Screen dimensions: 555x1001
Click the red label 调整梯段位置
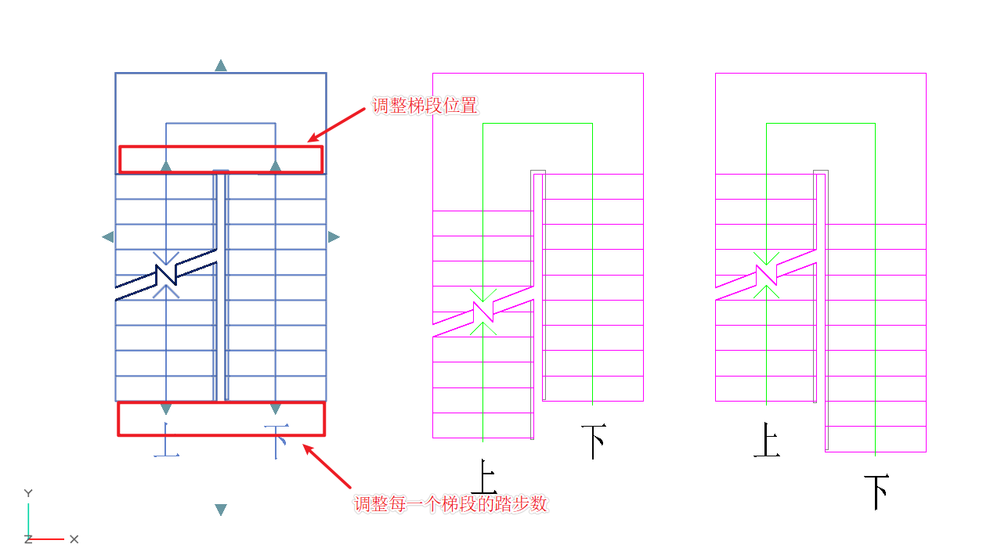click(x=424, y=106)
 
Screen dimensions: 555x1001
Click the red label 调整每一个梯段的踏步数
click(x=450, y=504)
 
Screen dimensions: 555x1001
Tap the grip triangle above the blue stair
click(x=221, y=66)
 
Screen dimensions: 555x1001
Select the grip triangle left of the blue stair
click(x=108, y=236)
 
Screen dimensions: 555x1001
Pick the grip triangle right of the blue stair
click(x=334, y=236)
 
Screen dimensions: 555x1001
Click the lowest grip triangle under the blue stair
click(x=221, y=510)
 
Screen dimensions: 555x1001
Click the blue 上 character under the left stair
click(x=165, y=440)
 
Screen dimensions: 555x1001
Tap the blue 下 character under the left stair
click(x=276, y=441)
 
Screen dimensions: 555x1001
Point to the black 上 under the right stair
click(x=766, y=441)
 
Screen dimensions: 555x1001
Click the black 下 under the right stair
click(x=876, y=492)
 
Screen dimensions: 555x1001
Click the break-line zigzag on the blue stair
click(x=166, y=275)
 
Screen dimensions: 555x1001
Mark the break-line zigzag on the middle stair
click(x=483, y=312)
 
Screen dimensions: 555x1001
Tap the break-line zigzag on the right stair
click(x=766, y=275)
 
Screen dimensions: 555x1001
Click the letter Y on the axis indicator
click(x=28, y=493)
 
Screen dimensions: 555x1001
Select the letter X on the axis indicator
click(x=74, y=539)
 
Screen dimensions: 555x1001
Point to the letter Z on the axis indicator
click(x=28, y=539)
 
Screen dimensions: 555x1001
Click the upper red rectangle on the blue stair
click(x=221, y=159)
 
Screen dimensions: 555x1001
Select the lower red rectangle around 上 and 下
click(x=221, y=419)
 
